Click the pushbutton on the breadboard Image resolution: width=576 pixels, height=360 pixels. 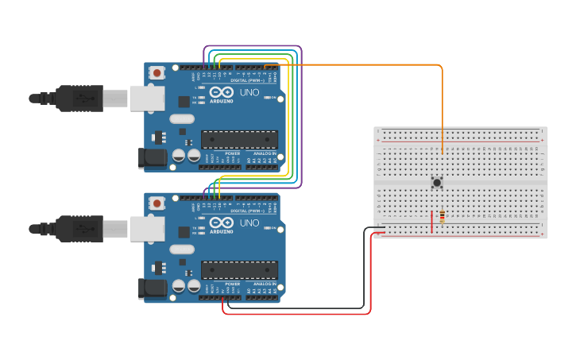(x=437, y=183)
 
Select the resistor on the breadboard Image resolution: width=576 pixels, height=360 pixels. (x=442, y=216)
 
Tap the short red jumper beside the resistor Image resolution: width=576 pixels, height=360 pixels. (x=432, y=222)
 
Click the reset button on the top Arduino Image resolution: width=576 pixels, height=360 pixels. (x=157, y=73)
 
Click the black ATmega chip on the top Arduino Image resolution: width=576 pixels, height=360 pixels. (x=239, y=140)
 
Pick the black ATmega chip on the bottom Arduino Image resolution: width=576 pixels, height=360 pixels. (x=239, y=269)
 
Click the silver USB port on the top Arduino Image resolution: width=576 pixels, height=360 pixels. (x=148, y=99)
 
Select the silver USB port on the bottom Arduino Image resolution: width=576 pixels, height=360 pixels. (x=148, y=229)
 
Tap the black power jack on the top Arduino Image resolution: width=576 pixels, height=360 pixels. (x=153, y=158)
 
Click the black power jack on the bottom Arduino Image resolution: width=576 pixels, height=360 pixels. (x=153, y=288)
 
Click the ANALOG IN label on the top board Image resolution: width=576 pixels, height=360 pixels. (x=264, y=153)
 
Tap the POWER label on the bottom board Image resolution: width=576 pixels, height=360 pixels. (x=232, y=283)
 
